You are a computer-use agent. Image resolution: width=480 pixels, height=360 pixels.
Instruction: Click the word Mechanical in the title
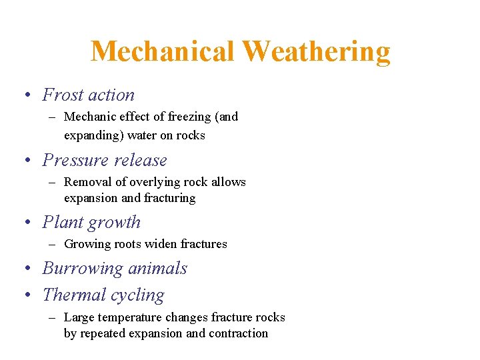pyautogui.click(x=163, y=51)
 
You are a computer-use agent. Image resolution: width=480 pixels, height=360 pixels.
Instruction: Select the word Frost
pyautogui.click(x=62, y=95)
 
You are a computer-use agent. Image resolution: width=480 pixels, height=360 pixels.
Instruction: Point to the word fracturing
pyautogui.click(x=170, y=199)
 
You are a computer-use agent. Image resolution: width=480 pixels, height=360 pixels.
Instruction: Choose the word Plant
pyautogui.click(x=61, y=223)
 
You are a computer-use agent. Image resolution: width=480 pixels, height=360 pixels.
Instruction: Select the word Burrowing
pyautogui.click(x=83, y=269)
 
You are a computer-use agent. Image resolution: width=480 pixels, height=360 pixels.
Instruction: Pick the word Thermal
pyautogui.click(x=72, y=295)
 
